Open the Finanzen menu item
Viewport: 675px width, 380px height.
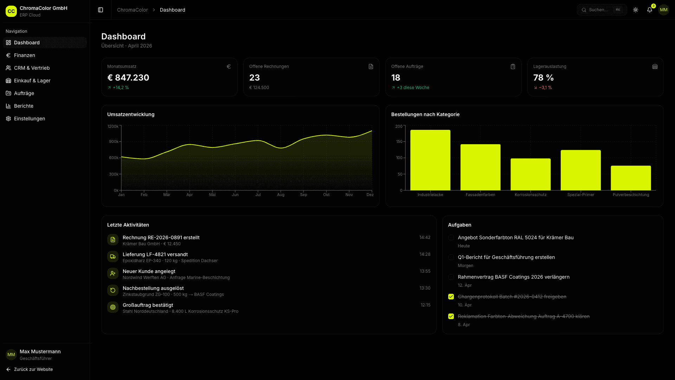[x=25, y=55]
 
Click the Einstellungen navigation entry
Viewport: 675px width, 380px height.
[x=30, y=119]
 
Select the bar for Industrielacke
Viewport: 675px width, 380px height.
[x=430, y=160]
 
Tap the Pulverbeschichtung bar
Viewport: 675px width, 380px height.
[x=631, y=178]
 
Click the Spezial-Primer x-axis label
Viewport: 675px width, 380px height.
[x=580, y=195]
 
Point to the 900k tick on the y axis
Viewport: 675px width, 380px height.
[x=114, y=141]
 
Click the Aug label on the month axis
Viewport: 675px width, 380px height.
[x=281, y=195]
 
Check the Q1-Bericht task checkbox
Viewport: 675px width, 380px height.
[x=451, y=257]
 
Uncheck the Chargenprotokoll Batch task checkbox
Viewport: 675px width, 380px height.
[x=451, y=297]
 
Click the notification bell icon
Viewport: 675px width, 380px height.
[x=649, y=10]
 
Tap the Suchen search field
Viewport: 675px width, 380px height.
[x=601, y=10]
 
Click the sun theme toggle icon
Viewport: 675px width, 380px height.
[x=635, y=10]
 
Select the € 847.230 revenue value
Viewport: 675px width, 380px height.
[x=128, y=77]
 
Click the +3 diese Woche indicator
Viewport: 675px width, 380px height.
[x=413, y=88]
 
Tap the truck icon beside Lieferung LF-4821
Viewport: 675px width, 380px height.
[x=113, y=256]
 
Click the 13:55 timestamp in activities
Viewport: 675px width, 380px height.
[x=425, y=271]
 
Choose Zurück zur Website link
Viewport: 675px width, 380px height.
[x=33, y=369]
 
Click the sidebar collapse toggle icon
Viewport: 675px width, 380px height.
[x=101, y=10]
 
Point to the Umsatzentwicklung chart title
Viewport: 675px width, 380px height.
[x=131, y=114]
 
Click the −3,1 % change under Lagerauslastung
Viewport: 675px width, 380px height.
[x=545, y=88]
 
